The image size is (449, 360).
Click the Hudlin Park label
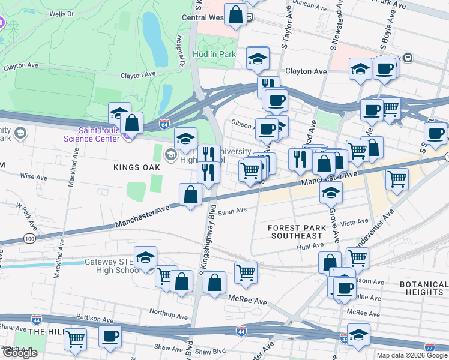click(x=214, y=53)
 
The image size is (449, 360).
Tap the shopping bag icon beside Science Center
click(x=131, y=123)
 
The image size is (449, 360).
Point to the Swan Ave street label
click(x=232, y=211)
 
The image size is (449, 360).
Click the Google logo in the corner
click(x=19, y=353)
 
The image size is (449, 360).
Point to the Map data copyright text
click(x=412, y=355)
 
